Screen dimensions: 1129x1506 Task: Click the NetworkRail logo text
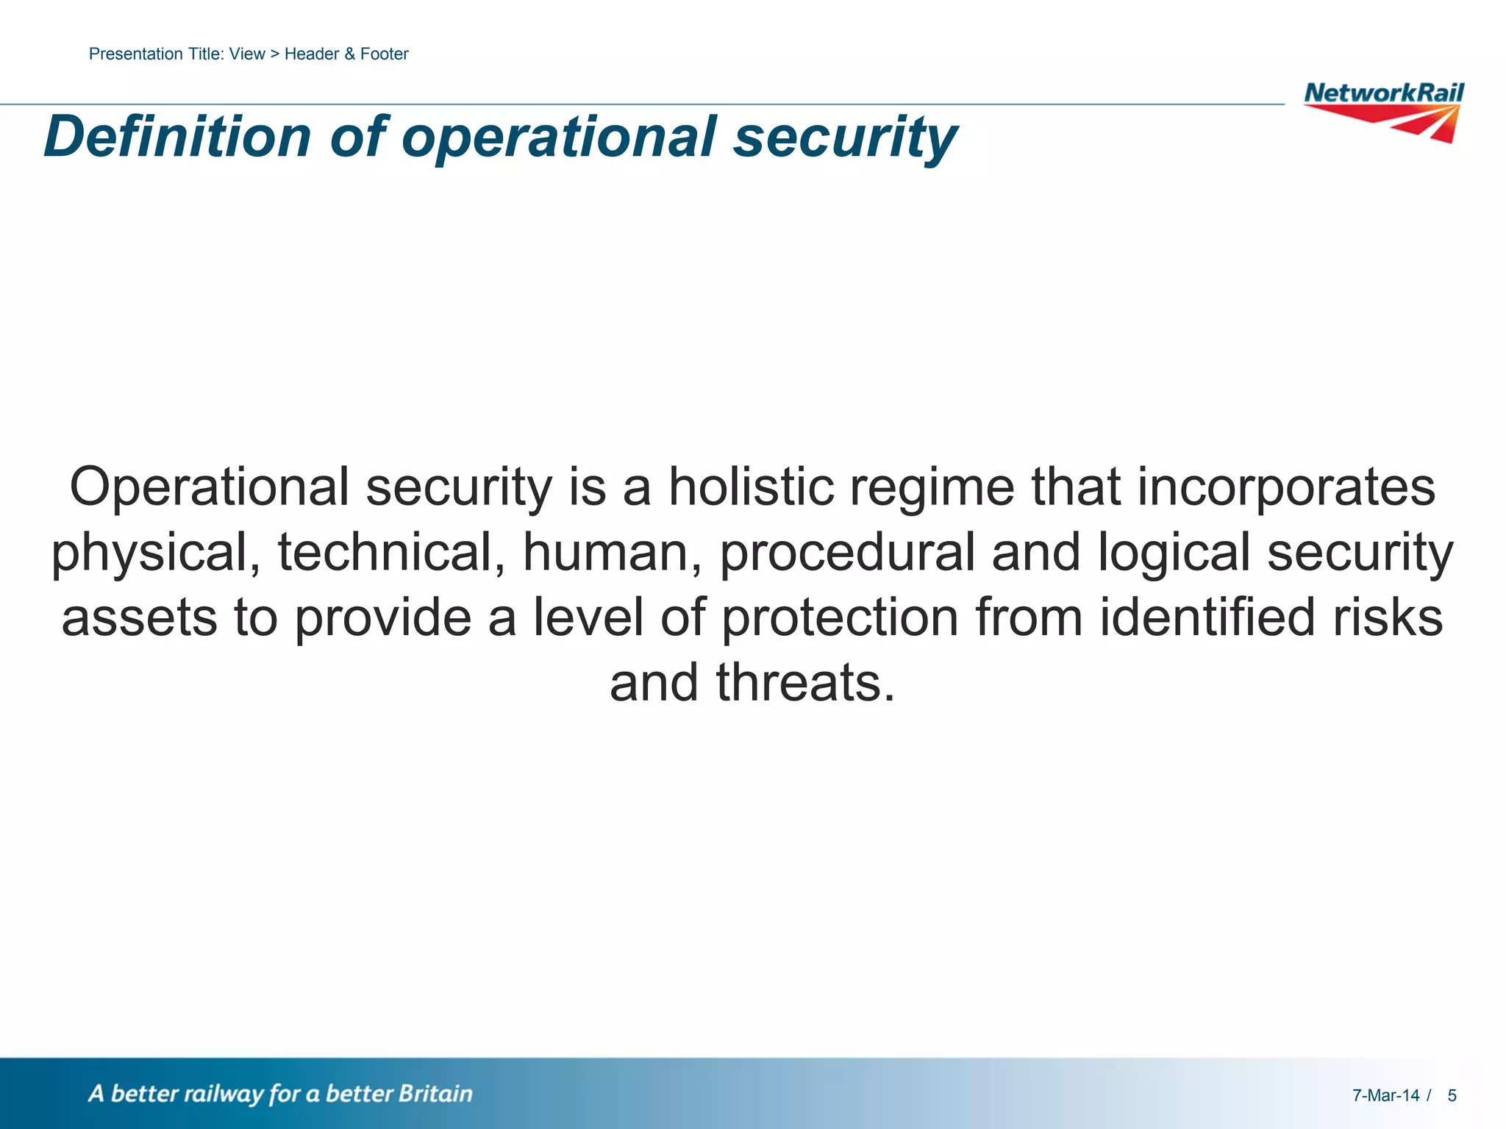point(1383,93)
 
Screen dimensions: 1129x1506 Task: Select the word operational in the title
point(558,137)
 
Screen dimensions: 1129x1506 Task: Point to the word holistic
point(751,487)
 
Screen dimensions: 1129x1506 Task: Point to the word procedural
point(846,553)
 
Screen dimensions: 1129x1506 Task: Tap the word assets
point(139,617)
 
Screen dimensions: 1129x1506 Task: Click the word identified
point(1207,617)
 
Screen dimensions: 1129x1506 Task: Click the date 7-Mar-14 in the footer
point(1385,1096)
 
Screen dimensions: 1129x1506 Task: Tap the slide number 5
point(1452,1096)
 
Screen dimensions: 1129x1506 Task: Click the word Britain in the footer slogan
point(435,1094)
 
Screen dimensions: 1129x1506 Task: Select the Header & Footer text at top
point(346,54)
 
